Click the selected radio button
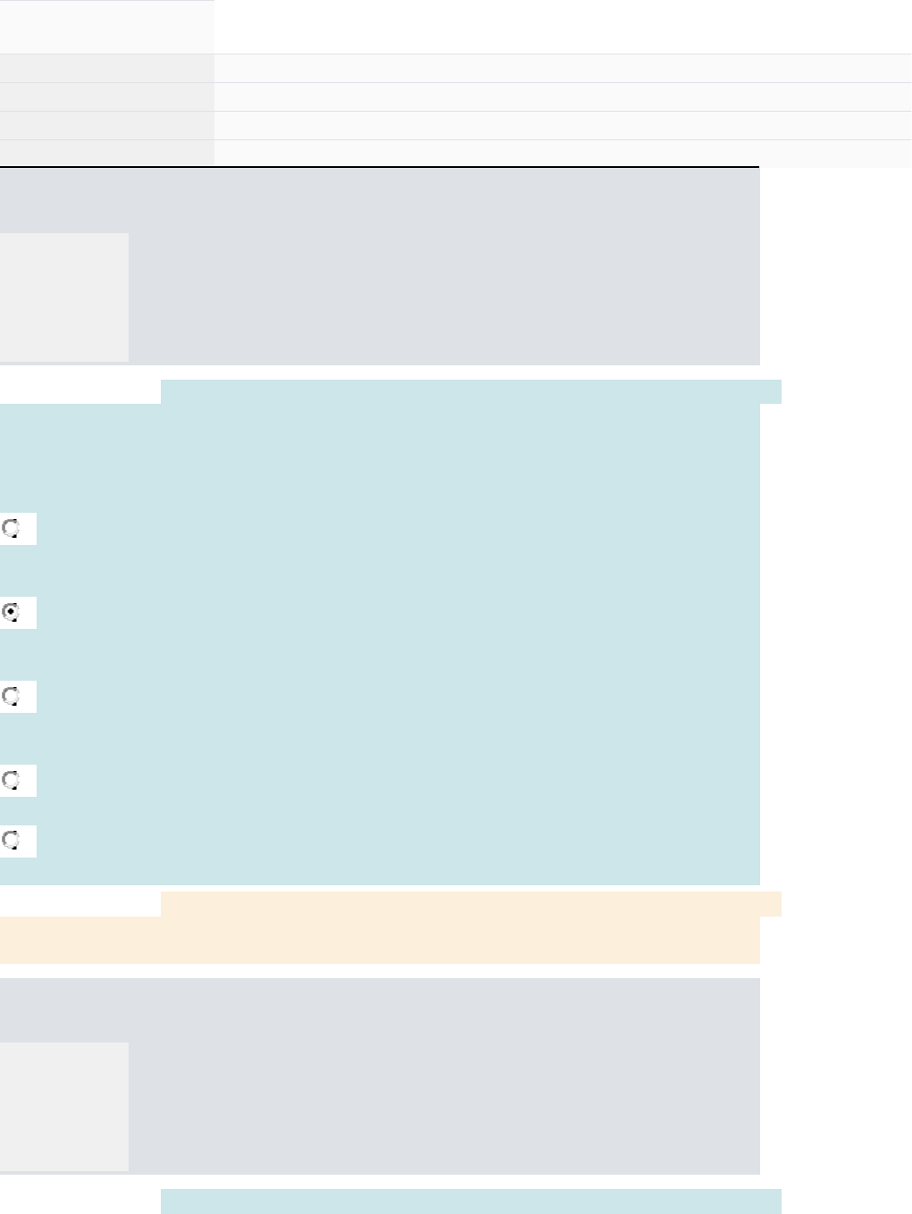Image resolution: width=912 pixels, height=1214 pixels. (11, 612)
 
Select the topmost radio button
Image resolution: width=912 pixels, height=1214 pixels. (11, 529)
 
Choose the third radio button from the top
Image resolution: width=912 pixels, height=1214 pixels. (11, 696)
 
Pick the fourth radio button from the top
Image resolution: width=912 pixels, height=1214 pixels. (11, 780)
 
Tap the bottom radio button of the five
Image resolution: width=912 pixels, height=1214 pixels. (11, 841)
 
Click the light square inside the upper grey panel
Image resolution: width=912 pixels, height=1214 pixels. (63, 297)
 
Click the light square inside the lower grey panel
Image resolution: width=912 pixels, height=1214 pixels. (63, 1106)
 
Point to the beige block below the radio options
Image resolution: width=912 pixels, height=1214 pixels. (380, 934)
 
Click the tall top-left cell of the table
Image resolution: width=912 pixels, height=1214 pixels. (106, 26)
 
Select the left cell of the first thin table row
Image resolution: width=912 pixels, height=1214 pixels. (106, 69)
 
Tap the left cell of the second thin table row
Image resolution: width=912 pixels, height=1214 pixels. (106, 97)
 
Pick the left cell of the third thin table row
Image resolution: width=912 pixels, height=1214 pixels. (106, 126)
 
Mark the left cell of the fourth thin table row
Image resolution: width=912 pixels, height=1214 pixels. (106, 153)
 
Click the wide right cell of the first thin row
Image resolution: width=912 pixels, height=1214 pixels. (563, 69)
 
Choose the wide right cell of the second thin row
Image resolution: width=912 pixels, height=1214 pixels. (563, 97)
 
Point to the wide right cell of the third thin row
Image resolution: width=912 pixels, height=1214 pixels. (563, 126)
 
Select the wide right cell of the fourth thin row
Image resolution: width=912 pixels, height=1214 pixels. (563, 153)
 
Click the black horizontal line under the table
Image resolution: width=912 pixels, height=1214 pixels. (380, 167)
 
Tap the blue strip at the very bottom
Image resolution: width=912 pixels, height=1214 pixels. (471, 1201)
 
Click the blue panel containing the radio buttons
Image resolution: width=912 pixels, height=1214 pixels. (402, 643)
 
